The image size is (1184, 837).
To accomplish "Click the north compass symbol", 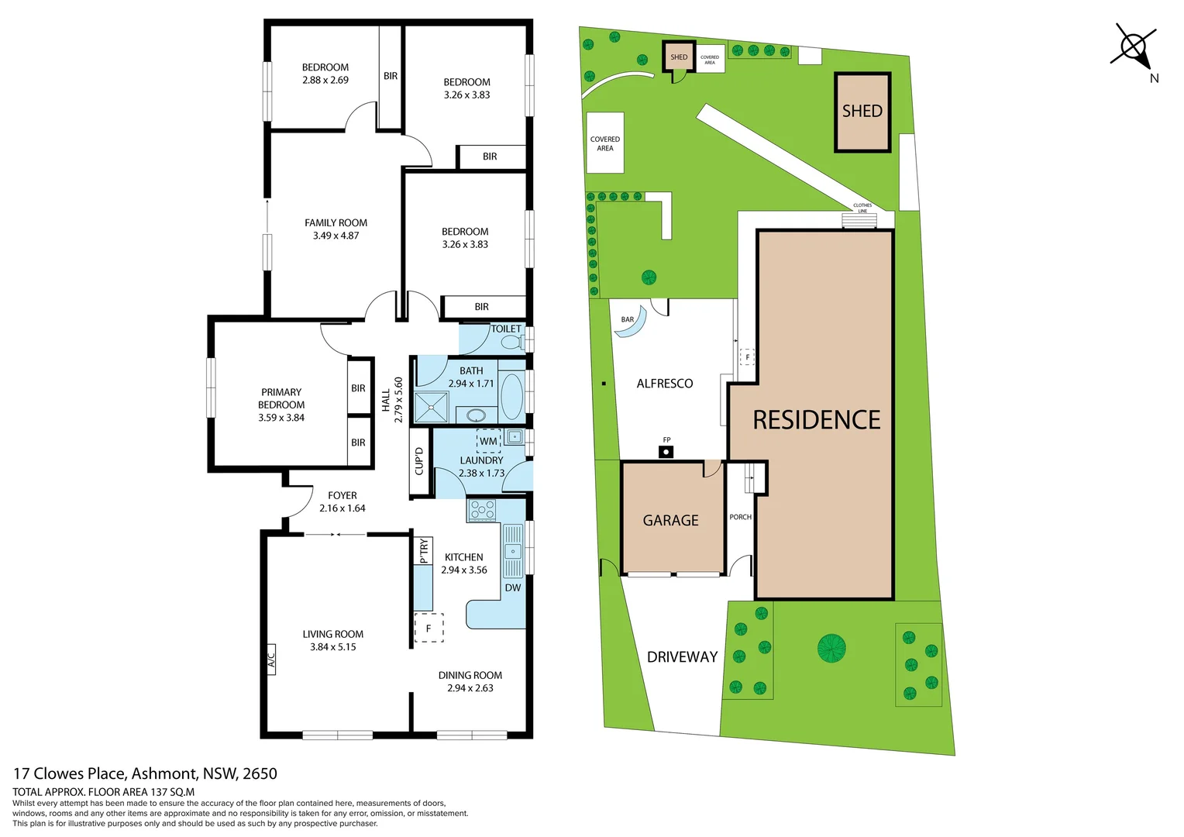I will coord(1133,47).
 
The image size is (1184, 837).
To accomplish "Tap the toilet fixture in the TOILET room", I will coord(511,342).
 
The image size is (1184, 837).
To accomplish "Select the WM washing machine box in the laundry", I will coord(488,441).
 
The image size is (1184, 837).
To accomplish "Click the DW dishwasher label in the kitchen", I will coord(513,587).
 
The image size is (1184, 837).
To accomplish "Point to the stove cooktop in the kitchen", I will coord(482,510).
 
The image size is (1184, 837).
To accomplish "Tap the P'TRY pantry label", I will coord(423,550).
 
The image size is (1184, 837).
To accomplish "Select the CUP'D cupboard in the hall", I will coord(419,461).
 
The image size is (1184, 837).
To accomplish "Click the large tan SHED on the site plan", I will coord(862,112).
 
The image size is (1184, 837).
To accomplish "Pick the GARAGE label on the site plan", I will coord(670,521).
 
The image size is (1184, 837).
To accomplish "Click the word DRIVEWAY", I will coord(682,657).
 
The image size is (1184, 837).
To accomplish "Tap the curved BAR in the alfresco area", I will coord(630,327).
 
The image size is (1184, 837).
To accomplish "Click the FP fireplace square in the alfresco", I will coord(666,452).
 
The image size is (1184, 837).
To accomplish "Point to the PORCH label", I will coord(740,517).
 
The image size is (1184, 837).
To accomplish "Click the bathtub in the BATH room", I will coord(511,396).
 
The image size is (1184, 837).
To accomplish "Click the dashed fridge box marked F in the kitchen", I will coord(429,629).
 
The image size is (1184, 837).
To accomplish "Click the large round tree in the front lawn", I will coord(831,648).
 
